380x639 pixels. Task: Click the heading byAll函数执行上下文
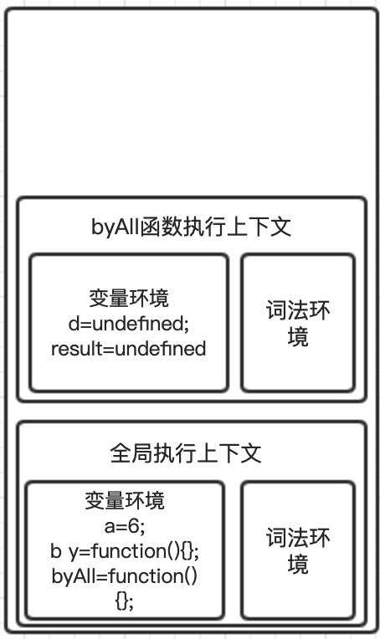pos(191,227)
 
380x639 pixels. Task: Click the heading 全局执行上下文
pos(186,453)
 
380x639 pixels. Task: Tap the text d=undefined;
pos(128,324)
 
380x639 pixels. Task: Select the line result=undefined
pos(128,349)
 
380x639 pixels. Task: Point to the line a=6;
pos(125,526)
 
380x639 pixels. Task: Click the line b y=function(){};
pos(125,551)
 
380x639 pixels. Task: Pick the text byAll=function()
pos(125,576)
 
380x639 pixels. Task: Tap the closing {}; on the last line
pos(125,601)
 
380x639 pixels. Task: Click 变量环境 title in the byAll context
pos(128,298)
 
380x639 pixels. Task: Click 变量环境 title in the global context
pos(125,500)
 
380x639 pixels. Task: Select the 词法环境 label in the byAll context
pos(298,323)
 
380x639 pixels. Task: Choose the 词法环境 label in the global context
pos(298,550)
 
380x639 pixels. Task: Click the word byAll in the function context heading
pos(116,227)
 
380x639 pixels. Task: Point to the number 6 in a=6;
pos(133,526)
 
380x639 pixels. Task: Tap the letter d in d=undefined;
pos(74,324)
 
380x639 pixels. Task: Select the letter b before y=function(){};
pos(56,551)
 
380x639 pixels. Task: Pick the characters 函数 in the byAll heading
pos(162,227)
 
